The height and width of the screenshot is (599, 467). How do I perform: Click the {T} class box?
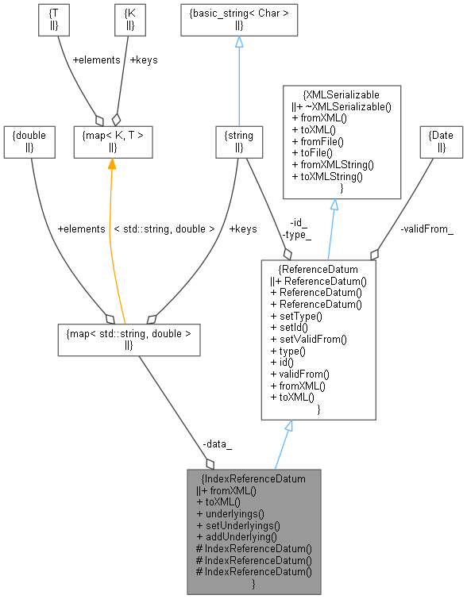click(x=54, y=20)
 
